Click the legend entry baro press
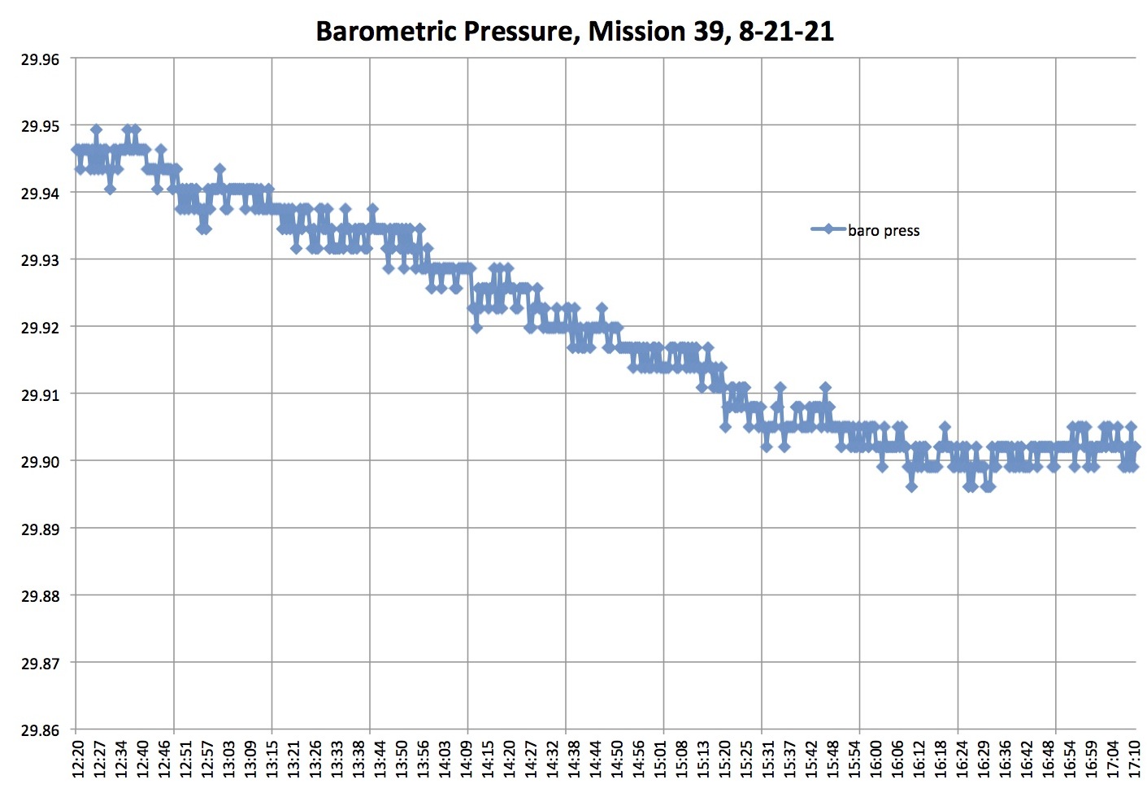[883, 230]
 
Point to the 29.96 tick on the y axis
[40, 59]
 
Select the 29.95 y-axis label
[40, 126]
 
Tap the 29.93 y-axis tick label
[40, 260]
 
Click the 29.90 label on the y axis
[40, 461]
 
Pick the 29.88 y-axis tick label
[40, 596]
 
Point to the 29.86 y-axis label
[40, 730]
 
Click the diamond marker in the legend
[828, 229]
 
